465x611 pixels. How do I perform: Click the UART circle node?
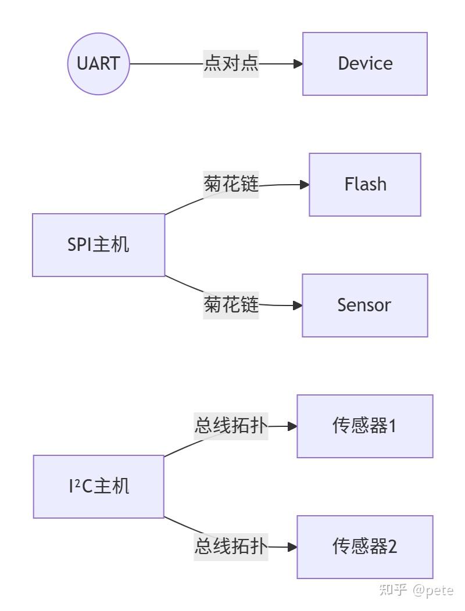[x=98, y=63]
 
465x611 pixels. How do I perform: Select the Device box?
[x=365, y=63]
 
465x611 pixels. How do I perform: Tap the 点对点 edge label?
[x=231, y=63]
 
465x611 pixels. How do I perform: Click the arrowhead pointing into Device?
[x=298, y=63]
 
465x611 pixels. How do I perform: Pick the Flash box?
[x=365, y=184]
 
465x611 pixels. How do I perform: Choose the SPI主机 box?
[x=98, y=245]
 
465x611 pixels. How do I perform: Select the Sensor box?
[x=365, y=305]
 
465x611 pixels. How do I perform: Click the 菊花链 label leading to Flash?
[x=231, y=185]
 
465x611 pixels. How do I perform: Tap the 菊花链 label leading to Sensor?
[x=231, y=304]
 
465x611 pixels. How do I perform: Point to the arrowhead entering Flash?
[x=305, y=185]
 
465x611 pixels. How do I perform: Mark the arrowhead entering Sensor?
[x=298, y=305]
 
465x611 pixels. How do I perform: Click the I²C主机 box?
[x=98, y=486]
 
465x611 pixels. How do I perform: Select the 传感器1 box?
[x=365, y=426]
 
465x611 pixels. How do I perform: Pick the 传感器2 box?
[x=365, y=547]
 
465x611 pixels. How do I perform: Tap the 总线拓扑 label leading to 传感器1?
[x=231, y=426]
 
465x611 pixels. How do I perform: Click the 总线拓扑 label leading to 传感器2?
[x=231, y=547]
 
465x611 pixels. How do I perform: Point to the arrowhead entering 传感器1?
[x=293, y=426]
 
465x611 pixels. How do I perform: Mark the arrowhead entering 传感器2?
[x=293, y=547]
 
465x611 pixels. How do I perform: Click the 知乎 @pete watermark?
[x=416, y=591]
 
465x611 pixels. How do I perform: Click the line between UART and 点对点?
[x=166, y=63]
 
